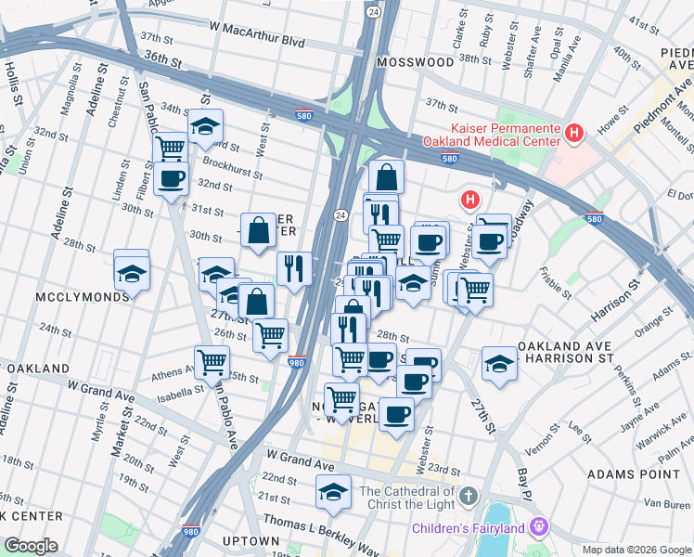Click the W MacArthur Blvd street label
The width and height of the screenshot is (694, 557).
click(257, 42)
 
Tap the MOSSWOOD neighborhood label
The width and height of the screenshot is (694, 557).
click(416, 62)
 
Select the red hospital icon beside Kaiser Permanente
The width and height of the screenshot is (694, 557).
click(574, 134)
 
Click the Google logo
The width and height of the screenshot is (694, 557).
click(30, 546)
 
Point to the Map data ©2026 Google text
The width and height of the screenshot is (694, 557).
click(636, 549)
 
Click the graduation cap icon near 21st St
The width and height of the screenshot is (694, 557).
click(333, 492)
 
